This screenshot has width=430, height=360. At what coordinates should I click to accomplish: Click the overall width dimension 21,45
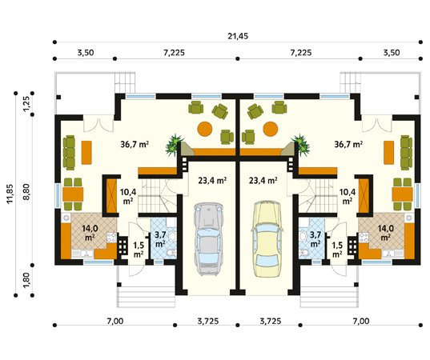[238, 36]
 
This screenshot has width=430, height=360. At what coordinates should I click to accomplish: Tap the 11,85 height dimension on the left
[10, 194]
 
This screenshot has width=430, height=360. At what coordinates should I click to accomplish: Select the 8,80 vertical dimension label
[26, 192]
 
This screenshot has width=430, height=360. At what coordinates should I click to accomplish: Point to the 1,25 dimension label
[26, 104]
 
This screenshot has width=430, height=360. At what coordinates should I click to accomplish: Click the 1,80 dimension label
[26, 280]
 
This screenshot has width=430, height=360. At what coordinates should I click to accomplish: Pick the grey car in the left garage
[208, 239]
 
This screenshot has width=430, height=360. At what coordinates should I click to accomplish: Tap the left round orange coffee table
[205, 129]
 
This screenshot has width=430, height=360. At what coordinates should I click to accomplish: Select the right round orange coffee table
[271, 129]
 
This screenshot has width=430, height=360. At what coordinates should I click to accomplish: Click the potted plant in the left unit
[174, 145]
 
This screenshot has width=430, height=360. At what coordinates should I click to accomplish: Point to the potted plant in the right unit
[301, 145]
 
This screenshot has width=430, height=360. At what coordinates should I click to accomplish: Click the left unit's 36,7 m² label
[135, 144]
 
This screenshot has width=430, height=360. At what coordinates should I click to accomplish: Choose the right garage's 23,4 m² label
[263, 180]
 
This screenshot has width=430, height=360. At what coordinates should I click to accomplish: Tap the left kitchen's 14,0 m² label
[90, 232]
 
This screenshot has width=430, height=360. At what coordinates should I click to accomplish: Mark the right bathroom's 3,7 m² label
[315, 238]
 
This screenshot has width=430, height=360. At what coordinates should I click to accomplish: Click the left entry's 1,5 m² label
[139, 250]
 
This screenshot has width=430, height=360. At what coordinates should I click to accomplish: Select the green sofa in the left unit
[69, 153]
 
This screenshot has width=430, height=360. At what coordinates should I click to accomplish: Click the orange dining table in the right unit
[402, 194]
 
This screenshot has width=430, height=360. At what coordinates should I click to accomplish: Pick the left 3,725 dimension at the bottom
[208, 321]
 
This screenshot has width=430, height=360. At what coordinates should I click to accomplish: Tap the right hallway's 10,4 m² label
[348, 197]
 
